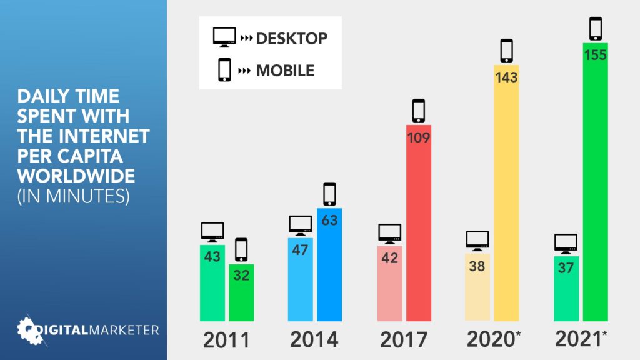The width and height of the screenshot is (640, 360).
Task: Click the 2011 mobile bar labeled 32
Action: [x=241, y=294]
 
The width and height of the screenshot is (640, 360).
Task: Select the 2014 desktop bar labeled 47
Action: [x=300, y=281]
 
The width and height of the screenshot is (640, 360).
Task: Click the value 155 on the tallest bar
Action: [x=595, y=55]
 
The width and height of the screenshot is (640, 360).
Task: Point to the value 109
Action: [x=419, y=137]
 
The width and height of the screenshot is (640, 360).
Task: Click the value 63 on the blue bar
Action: [x=329, y=220]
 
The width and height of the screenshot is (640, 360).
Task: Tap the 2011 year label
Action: [x=226, y=340]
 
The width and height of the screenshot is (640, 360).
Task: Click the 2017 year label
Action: [x=404, y=340]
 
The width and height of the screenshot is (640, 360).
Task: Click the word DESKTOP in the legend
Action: [x=291, y=38]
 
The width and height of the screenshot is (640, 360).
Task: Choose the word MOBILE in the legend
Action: [x=285, y=70]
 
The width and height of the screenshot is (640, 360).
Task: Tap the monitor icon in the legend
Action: [x=224, y=37]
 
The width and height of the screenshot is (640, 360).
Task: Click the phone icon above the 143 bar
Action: [x=506, y=51]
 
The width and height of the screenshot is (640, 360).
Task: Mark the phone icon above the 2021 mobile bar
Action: [x=595, y=28]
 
